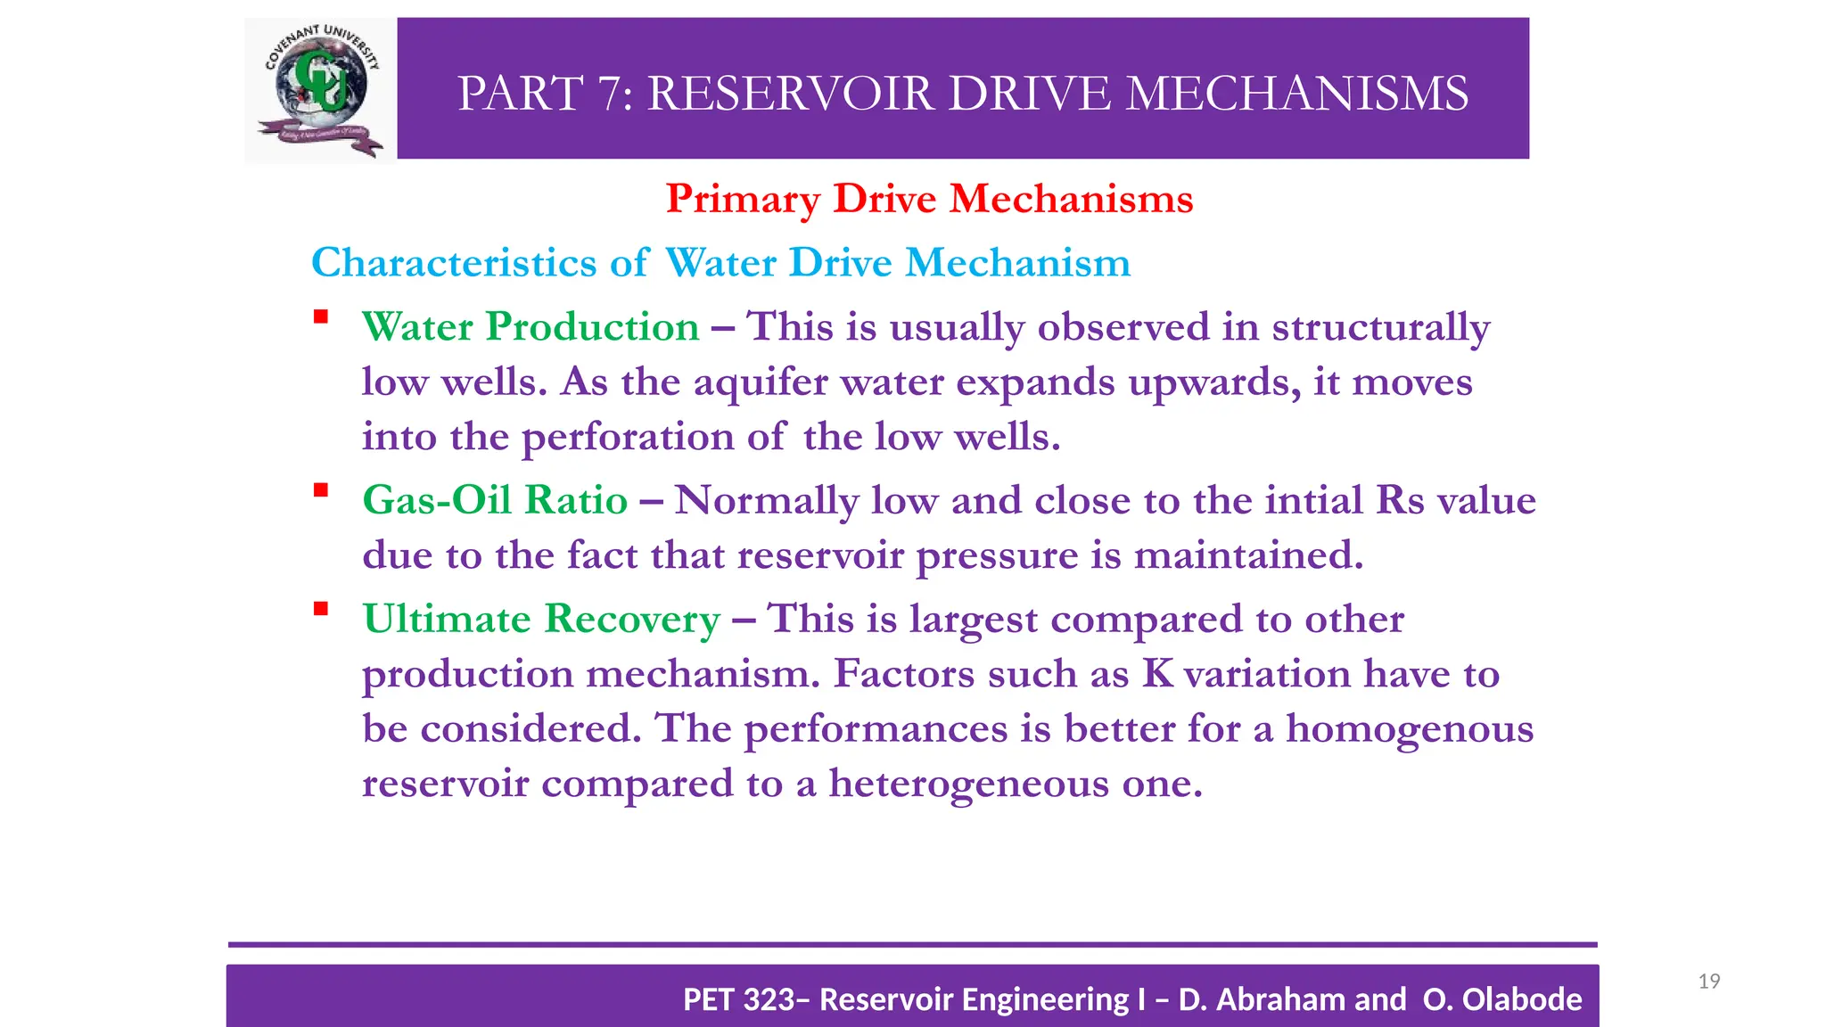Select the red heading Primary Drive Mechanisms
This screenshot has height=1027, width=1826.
coord(929,199)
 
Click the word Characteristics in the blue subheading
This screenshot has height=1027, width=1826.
coord(454,263)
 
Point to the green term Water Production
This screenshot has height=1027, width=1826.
coord(531,327)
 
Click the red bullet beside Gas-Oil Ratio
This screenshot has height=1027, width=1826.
coord(321,489)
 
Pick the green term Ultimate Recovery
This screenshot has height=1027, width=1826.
coord(541,620)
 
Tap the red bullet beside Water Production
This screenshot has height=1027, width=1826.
coord(321,316)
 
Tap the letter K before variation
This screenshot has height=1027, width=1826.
coord(1157,674)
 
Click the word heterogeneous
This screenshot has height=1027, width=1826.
coord(969,785)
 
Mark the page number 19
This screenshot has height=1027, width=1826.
coord(1708,982)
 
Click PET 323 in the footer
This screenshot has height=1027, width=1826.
coord(739,999)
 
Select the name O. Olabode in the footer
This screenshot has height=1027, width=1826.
coord(1502,999)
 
